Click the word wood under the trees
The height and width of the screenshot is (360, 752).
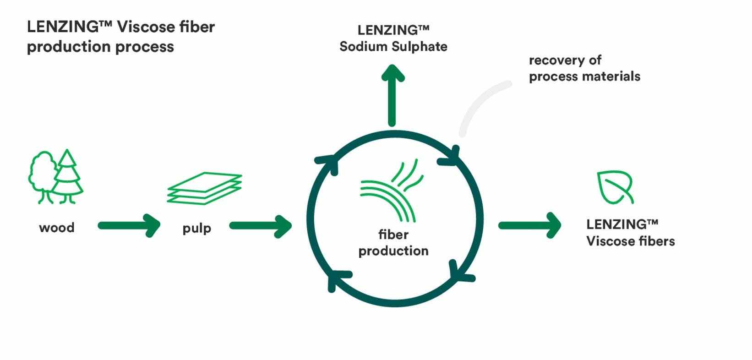coord(57,228)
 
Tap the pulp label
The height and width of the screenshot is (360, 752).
coord(196,228)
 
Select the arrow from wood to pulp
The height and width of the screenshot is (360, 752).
coord(129,225)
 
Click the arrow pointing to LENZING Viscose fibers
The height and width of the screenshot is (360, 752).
coord(529,225)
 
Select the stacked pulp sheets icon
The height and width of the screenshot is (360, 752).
coord(204,188)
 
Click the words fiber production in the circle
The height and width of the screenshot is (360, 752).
coord(393,243)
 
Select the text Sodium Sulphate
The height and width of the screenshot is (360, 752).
coord(393,47)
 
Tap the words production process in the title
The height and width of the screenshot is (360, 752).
coord(100,47)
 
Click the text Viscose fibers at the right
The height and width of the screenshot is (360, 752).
coord(630,241)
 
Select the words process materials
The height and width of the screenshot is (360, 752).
coord(584,76)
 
